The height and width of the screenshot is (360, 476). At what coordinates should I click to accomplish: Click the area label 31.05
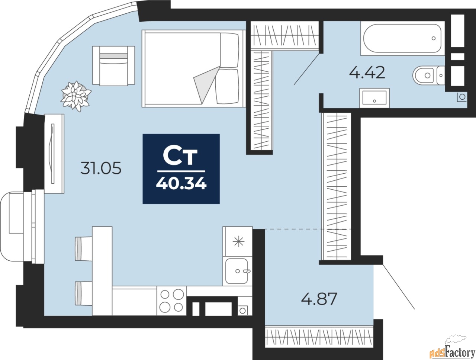click(x=101, y=168)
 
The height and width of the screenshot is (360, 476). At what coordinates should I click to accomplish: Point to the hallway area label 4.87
click(x=319, y=299)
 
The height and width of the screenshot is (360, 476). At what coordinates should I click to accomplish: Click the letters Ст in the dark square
click(x=180, y=157)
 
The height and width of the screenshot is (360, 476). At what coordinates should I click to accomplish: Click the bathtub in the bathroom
click(x=403, y=38)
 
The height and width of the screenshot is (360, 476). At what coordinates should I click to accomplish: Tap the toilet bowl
click(x=428, y=75)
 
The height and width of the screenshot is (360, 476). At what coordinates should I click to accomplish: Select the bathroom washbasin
click(x=374, y=98)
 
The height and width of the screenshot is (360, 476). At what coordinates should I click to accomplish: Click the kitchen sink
click(x=237, y=271)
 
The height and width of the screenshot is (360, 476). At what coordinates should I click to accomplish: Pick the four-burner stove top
click(x=171, y=300)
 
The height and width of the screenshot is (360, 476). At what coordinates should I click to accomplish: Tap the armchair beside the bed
click(x=114, y=65)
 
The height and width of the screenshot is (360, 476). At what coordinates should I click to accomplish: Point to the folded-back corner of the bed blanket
click(x=207, y=84)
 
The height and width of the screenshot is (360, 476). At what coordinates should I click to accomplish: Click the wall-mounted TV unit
click(x=54, y=154)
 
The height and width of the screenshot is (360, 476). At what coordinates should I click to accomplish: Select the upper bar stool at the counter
click(x=84, y=249)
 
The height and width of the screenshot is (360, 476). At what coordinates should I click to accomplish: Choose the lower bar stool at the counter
click(x=84, y=293)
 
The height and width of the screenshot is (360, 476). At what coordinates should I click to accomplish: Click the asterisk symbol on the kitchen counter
click(x=238, y=241)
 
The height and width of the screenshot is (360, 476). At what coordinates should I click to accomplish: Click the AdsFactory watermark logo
click(x=448, y=348)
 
